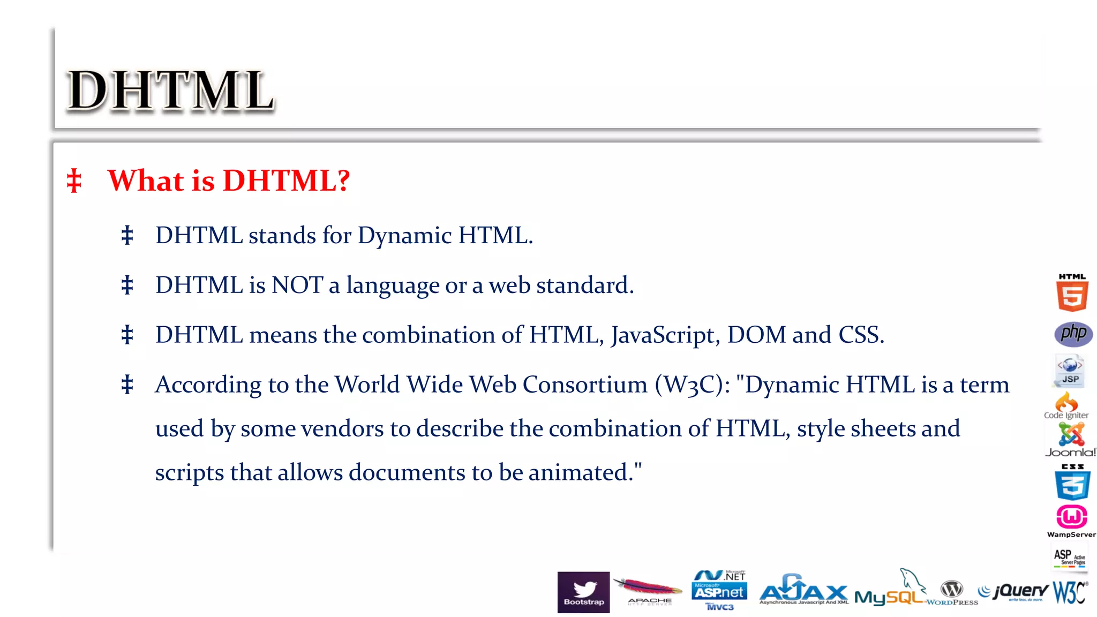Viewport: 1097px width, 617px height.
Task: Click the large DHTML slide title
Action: [170, 91]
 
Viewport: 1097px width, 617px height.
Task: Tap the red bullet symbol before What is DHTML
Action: [74, 180]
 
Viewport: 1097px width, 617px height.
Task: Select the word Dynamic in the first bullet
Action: [404, 236]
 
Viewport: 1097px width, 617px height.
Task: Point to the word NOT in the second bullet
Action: [297, 285]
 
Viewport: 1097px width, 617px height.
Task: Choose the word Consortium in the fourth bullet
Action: [585, 385]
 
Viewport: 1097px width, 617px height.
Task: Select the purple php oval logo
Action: [1073, 334]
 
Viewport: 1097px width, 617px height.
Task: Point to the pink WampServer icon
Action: [1071, 518]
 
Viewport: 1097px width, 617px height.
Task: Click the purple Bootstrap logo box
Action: [583, 592]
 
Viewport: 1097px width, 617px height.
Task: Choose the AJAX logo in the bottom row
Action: [803, 590]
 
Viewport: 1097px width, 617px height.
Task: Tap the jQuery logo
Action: [1014, 591]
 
